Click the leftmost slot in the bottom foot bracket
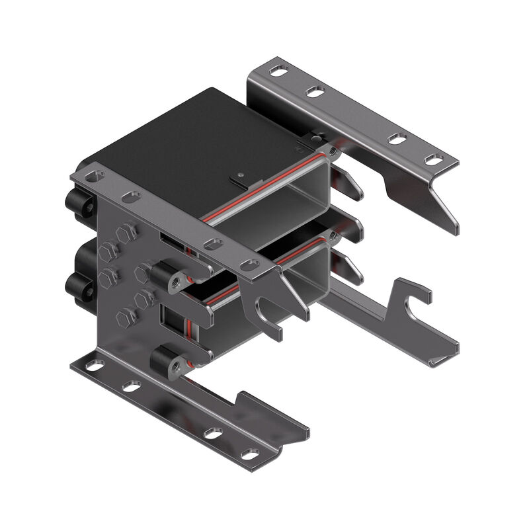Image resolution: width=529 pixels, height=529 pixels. point(95,364)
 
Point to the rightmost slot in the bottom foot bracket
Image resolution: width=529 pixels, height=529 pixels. point(249,454)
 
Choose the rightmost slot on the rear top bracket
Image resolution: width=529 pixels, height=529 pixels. point(434,159)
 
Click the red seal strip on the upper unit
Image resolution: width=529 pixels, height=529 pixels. point(264,188)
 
